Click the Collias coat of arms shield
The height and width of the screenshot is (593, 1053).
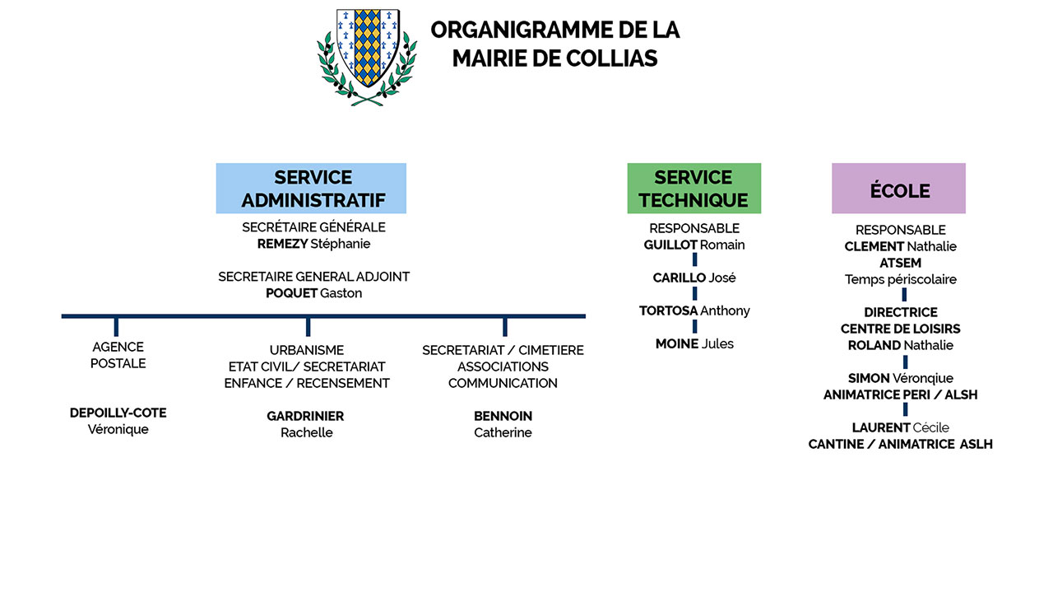coord(368,47)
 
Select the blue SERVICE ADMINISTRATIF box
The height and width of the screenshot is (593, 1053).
coord(311,189)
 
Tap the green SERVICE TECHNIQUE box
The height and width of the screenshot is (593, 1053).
coord(693,189)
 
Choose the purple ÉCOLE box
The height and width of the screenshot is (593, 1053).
coord(899,189)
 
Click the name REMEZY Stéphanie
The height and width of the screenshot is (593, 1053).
coord(313,244)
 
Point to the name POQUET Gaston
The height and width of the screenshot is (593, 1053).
coord(313,293)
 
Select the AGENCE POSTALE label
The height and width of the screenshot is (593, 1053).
coord(118,355)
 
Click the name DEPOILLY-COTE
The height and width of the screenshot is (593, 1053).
coord(118,413)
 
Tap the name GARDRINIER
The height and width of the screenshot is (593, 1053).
coord(305,416)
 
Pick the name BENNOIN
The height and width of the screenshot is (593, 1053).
coord(503,416)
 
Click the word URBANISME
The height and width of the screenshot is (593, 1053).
coord(307,350)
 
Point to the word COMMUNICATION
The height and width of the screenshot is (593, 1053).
coord(503,383)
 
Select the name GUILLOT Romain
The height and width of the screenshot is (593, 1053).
coord(693,245)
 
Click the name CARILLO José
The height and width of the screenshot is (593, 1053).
coord(693,278)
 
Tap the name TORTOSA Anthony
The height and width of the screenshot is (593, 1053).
coord(694,311)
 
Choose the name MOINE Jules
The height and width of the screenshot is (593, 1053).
coord(694,343)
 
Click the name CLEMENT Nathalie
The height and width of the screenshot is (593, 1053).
coord(900,246)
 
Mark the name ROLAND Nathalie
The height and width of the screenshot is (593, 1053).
coord(900,345)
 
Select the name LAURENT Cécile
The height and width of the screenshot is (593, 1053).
coord(900,427)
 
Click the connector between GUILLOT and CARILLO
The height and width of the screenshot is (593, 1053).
coord(695,259)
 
